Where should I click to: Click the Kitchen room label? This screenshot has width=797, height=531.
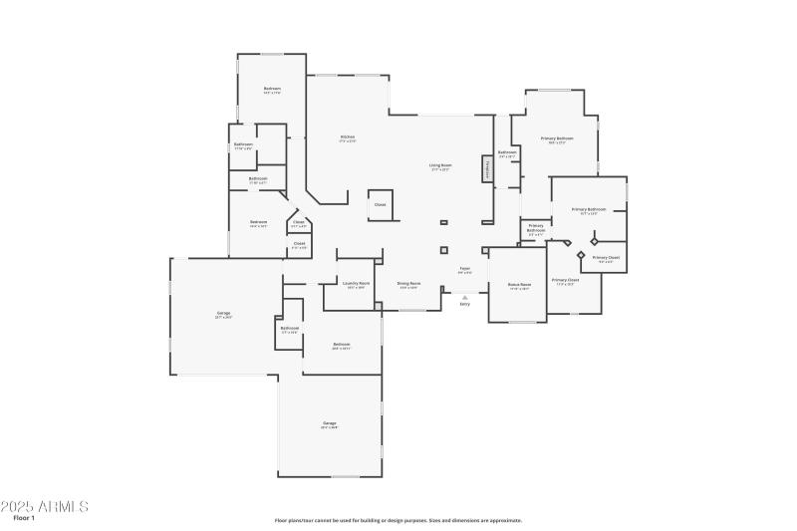point(348,137)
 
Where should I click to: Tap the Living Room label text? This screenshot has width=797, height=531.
point(440,166)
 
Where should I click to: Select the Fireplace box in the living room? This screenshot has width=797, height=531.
point(488,168)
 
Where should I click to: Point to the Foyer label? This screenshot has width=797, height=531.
point(464,269)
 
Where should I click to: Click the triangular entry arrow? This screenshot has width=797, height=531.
point(464,296)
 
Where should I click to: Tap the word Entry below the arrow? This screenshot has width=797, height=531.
point(464,304)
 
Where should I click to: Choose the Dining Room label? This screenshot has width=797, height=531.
point(408,285)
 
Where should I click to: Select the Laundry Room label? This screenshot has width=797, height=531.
point(356,284)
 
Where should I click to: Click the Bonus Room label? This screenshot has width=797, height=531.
point(519,285)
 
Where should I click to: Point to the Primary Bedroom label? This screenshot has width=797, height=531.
point(557,139)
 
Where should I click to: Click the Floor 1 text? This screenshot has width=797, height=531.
point(24,519)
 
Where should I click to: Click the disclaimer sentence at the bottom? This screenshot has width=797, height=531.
point(398,520)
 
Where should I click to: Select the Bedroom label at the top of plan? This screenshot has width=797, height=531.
point(272,90)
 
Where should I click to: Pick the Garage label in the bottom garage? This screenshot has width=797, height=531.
point(329,424)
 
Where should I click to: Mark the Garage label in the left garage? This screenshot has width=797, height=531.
point(223,314)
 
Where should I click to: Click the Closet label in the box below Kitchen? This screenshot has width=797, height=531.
point(380,204)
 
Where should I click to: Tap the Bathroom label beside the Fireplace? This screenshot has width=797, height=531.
point(507,153)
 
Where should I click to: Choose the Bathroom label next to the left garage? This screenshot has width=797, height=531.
point(290,328)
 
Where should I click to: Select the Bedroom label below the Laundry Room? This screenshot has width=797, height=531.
point(341,346)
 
